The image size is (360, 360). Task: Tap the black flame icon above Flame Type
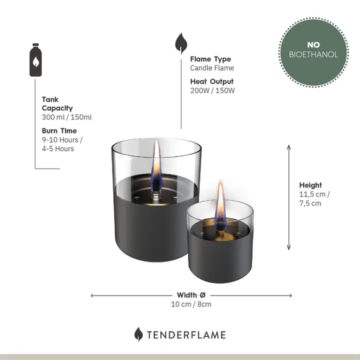click(x=180, y=43)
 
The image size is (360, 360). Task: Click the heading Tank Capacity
click(x=57, y=104)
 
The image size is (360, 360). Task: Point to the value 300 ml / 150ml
click(x=66, y=117)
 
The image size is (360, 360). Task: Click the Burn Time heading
click(x=59, y=131)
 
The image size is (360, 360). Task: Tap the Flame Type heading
click(x=210, y=59)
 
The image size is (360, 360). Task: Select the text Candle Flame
click(x=211, y=68)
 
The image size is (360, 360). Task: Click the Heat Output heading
click(x=211, y=81)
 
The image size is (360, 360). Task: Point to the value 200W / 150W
click(x=212, y=90)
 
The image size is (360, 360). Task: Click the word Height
click(x=310, y=185)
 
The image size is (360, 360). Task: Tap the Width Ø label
click(x=190, y=295)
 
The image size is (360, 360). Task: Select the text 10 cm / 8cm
click(x=191, y=304)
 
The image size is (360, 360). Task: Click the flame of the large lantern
click(x=156, y=162)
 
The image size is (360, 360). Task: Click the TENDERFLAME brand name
click(x=186, y=335)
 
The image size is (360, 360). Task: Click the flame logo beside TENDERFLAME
click(x=138, y=334)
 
